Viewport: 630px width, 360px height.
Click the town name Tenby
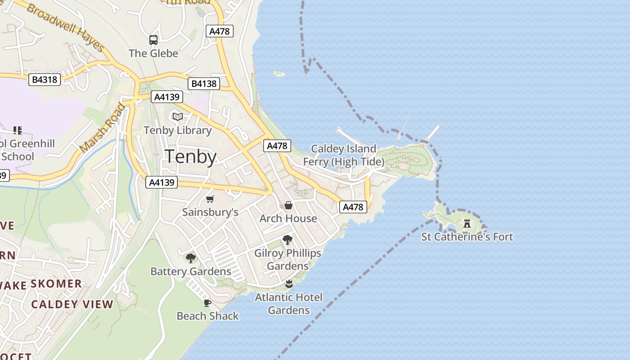tap(191, 157)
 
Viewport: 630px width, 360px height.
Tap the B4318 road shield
tap(45, 80)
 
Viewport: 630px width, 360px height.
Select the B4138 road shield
tap(204, 84)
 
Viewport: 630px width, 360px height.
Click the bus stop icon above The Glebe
tap(153, 40)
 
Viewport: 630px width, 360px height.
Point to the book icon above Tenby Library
tap(178, 117)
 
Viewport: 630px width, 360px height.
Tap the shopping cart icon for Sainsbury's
tap(210, 199)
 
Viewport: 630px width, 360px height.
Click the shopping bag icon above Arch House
tap(288, 205)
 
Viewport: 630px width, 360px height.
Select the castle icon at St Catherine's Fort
tap(467, 223)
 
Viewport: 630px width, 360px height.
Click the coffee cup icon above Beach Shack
tap(207, 303)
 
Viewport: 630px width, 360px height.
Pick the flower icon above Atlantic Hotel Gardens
tap(289, 284)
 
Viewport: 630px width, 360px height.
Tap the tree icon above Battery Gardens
tap(191, 258)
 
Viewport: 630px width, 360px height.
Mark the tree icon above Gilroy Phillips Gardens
tap(288, 239)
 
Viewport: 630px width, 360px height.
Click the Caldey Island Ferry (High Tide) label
tap(344, 155)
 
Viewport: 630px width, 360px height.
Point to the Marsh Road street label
tap(103, 127)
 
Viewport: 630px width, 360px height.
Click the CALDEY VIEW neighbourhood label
tap(72, 304)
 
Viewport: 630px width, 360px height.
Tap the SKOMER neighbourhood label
tap(56, 283)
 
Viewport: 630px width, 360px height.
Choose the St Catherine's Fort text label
tap(467, 237)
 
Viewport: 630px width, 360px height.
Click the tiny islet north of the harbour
tap(279, 73)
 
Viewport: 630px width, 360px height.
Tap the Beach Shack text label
tap(207, 316)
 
